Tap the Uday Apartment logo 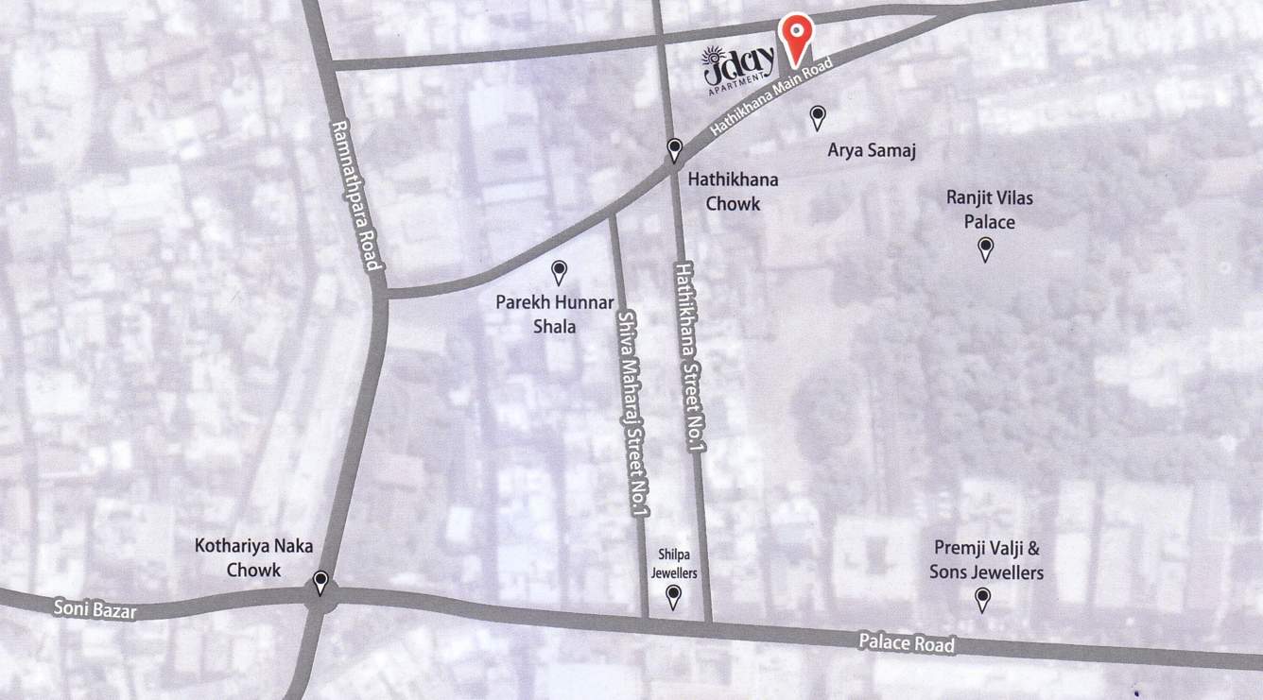739,67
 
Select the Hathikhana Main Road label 771,98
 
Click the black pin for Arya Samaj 818,117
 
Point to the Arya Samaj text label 873,150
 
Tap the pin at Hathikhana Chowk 674,149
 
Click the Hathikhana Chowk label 724,190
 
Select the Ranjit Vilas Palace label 989,210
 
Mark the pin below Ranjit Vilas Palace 985,248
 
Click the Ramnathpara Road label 355,196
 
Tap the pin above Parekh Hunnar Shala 559,272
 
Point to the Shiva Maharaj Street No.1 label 631,414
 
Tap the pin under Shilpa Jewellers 673,595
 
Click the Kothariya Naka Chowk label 253,557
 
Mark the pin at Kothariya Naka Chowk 321,582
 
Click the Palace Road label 907,643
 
